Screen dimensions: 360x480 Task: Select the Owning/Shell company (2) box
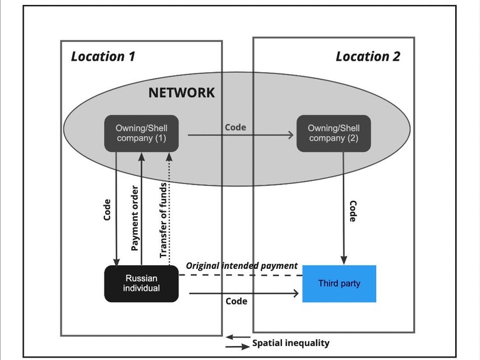pyautogui.click(x=333, y=133)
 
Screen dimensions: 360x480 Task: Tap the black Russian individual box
pyautogui.click(x=141, y=284)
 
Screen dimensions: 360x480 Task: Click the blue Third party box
pyautogui.click(x=338, y=284)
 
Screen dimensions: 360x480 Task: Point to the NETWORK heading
pyautogui.click(x=182, y=93)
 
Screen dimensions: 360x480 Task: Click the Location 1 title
pyautogui.click(x=103, y=56)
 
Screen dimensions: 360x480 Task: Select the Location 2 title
pyautogui.click(x=368, y=56)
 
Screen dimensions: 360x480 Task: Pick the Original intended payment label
pyautogui.click(x=241, y=266)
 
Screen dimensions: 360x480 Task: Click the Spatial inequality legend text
pyautogui.click(x=290, y=343)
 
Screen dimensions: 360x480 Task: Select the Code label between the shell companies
pyautogui.click(x=235, y=127)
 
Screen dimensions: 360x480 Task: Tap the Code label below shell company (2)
pyautogui.click(x=352, y=211)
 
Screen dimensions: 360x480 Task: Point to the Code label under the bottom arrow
pyautogui.click(x=236, y=301)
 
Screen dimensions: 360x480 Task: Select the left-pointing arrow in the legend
pyautogui.click(x=237, y=337)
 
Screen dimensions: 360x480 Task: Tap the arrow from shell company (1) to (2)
pyautogui.click(x=241, y=137)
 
